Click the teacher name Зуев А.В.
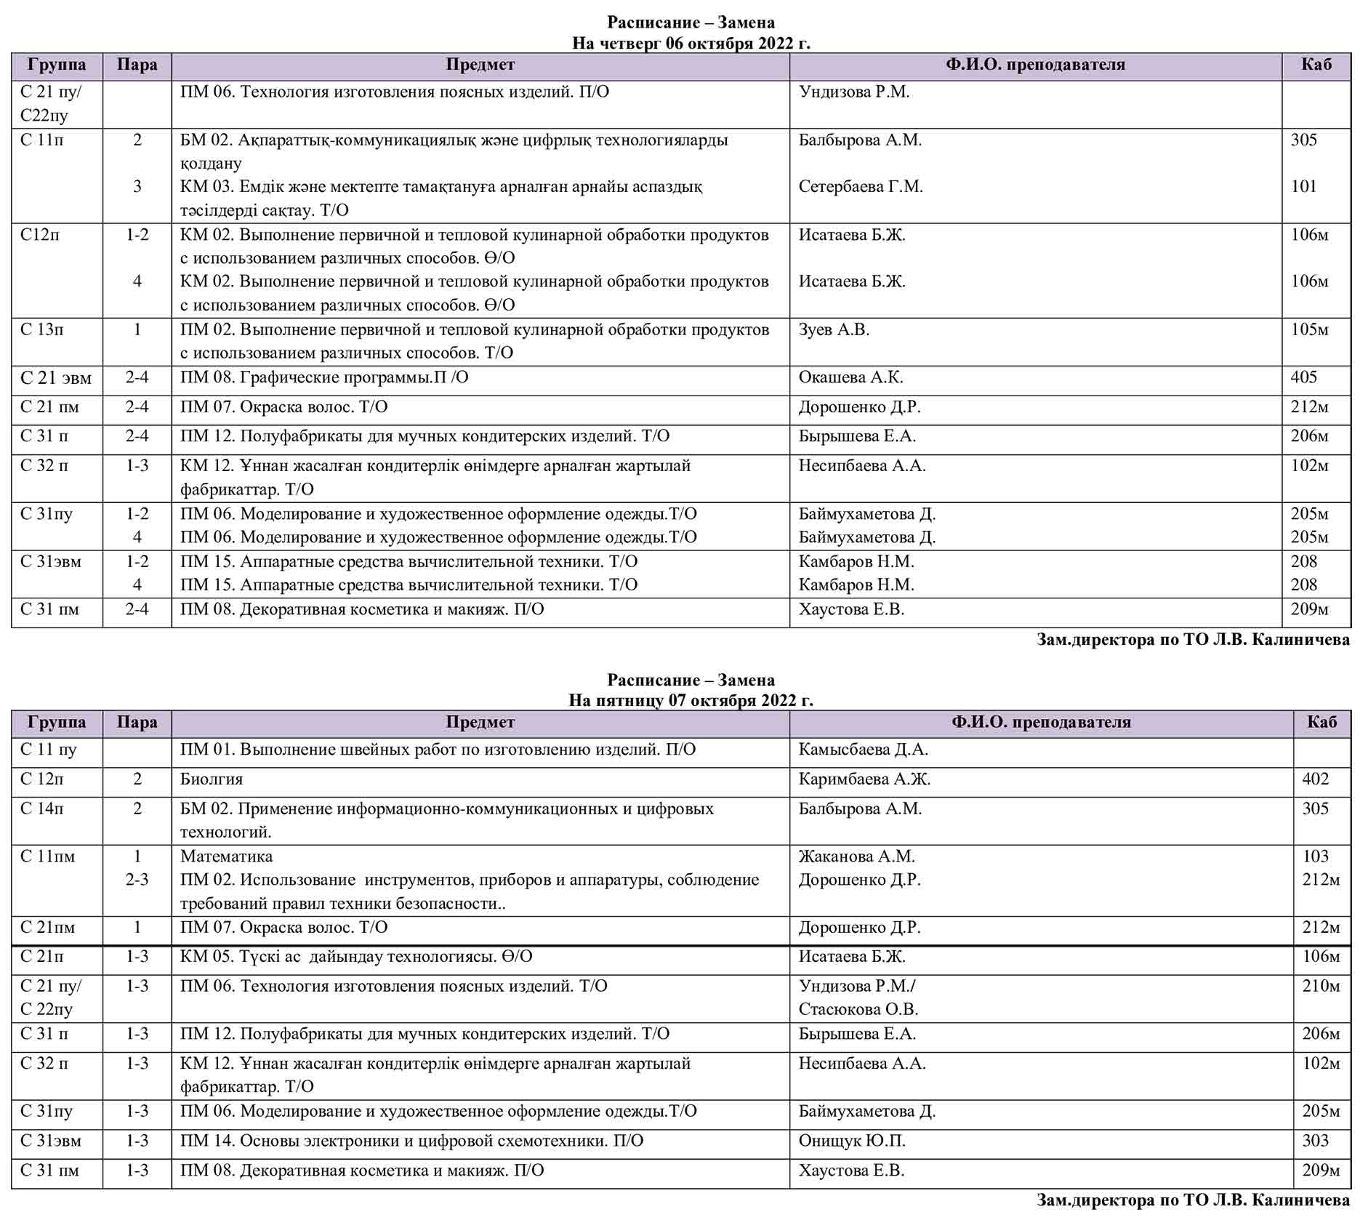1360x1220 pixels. [x=834, y=330]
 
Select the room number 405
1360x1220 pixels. [x=1304, y=377]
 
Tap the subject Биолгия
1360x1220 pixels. [x=212, y=779]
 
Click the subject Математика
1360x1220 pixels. [x=227, y=856]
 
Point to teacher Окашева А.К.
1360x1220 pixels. [x=850, y=377]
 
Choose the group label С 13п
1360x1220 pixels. [x=42, y=330]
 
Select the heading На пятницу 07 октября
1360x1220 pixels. [x=691, y=701]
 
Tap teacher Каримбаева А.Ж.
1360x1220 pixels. [x=864, y=779]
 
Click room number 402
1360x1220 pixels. [x=1316, y=779]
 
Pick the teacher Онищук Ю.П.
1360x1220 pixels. [x=852, y=1141]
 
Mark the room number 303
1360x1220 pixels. [x=1316, y=1141]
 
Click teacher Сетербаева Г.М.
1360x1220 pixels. [x=861, y=187]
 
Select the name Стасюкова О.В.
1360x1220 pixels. [x=858, y=1009]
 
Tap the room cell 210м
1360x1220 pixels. [x=1321, y=987]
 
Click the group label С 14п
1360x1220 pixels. [x=42, y=808]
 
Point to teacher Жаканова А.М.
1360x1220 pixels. [x=856, y=856]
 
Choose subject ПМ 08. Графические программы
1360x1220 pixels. [x=324, y=377]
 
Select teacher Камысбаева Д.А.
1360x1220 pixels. [x=864, y=750]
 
